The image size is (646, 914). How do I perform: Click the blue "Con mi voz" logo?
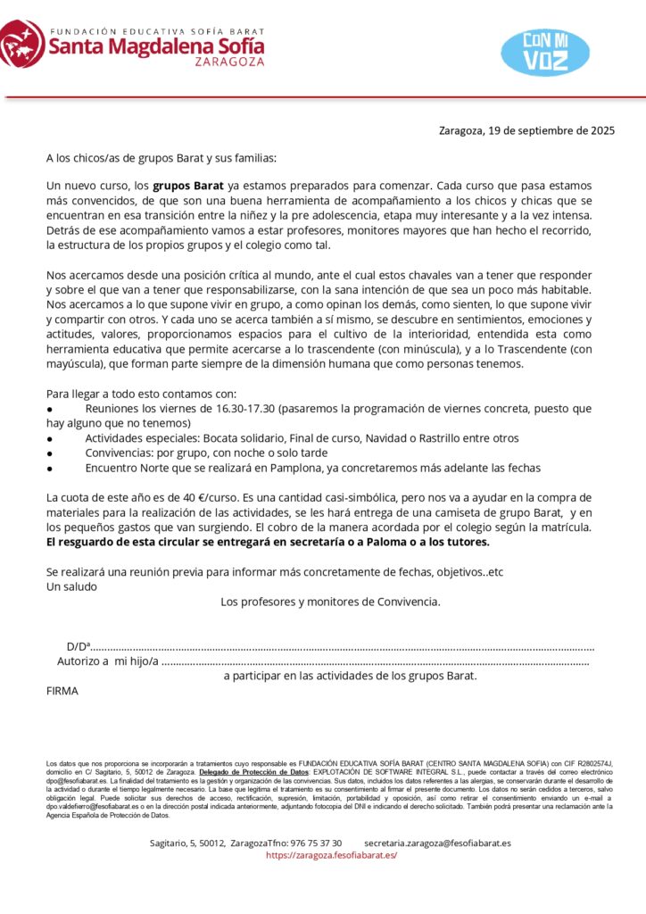[x=545, y=51]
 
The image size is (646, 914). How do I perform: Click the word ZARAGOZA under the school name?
[x=230, y=63]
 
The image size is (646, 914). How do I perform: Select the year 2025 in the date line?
[x=601, y=130]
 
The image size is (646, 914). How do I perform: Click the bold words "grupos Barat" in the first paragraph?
[x=188, y=187]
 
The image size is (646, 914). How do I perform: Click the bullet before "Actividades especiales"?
[x=50, y=438]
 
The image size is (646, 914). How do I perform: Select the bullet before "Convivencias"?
[x=50, y=453]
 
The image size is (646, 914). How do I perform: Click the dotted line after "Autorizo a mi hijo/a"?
[x=375, y=661]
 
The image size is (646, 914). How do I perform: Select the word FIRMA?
[x=62, y=690]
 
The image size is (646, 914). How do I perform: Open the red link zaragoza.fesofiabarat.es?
[x=331, y=855]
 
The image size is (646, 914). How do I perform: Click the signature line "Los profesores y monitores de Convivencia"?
[x=330, y=602]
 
